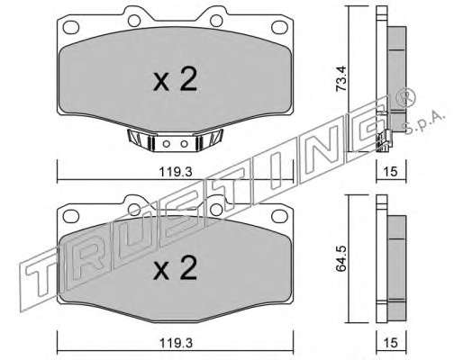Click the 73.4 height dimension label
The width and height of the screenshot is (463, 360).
coord(341,78)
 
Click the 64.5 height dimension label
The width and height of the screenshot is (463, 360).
coord(341,258)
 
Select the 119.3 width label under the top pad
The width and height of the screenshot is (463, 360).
coord(176,172)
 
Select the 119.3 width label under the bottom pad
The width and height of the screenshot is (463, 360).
coord(176,343)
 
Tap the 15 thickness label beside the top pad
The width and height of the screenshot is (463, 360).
coord(391,172)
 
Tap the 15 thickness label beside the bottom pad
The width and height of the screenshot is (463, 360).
coord(391,343)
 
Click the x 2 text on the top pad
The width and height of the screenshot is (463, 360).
coord(175,79)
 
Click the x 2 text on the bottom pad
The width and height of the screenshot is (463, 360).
coord(175,268)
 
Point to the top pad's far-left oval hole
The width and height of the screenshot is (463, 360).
coord(71,27)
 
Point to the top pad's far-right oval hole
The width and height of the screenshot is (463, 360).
coord(279,27)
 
